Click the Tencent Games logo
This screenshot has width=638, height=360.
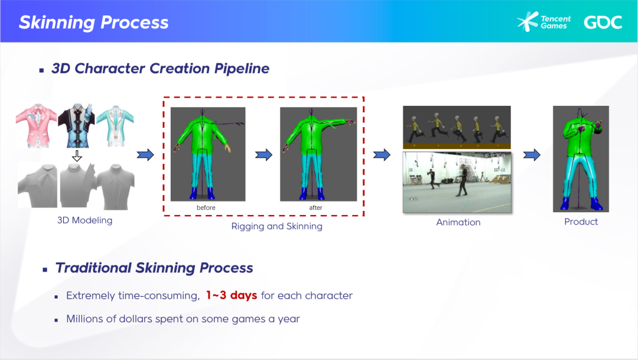[543, 22]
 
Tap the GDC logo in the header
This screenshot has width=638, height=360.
[603, 22]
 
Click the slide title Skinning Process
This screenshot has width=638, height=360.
[93, 22]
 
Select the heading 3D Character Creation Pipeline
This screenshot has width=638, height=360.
[160, 69]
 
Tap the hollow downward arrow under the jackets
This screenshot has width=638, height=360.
[77, 156]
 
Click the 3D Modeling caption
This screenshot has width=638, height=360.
[84, 220]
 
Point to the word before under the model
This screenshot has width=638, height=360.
[206, 208]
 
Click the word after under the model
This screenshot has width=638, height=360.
[315, 208]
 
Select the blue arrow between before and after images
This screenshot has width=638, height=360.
[263, 155]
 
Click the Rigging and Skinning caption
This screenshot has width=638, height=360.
[276, 226]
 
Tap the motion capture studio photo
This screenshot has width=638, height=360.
[457, 182]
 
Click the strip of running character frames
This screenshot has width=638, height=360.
[457, 127]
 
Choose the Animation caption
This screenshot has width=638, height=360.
[458, 222]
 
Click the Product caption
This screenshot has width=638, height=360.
[581, 222]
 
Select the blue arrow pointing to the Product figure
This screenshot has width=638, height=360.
[532, 155]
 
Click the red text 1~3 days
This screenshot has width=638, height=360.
[231, 296]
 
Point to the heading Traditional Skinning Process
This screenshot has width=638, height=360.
[154, 268]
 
